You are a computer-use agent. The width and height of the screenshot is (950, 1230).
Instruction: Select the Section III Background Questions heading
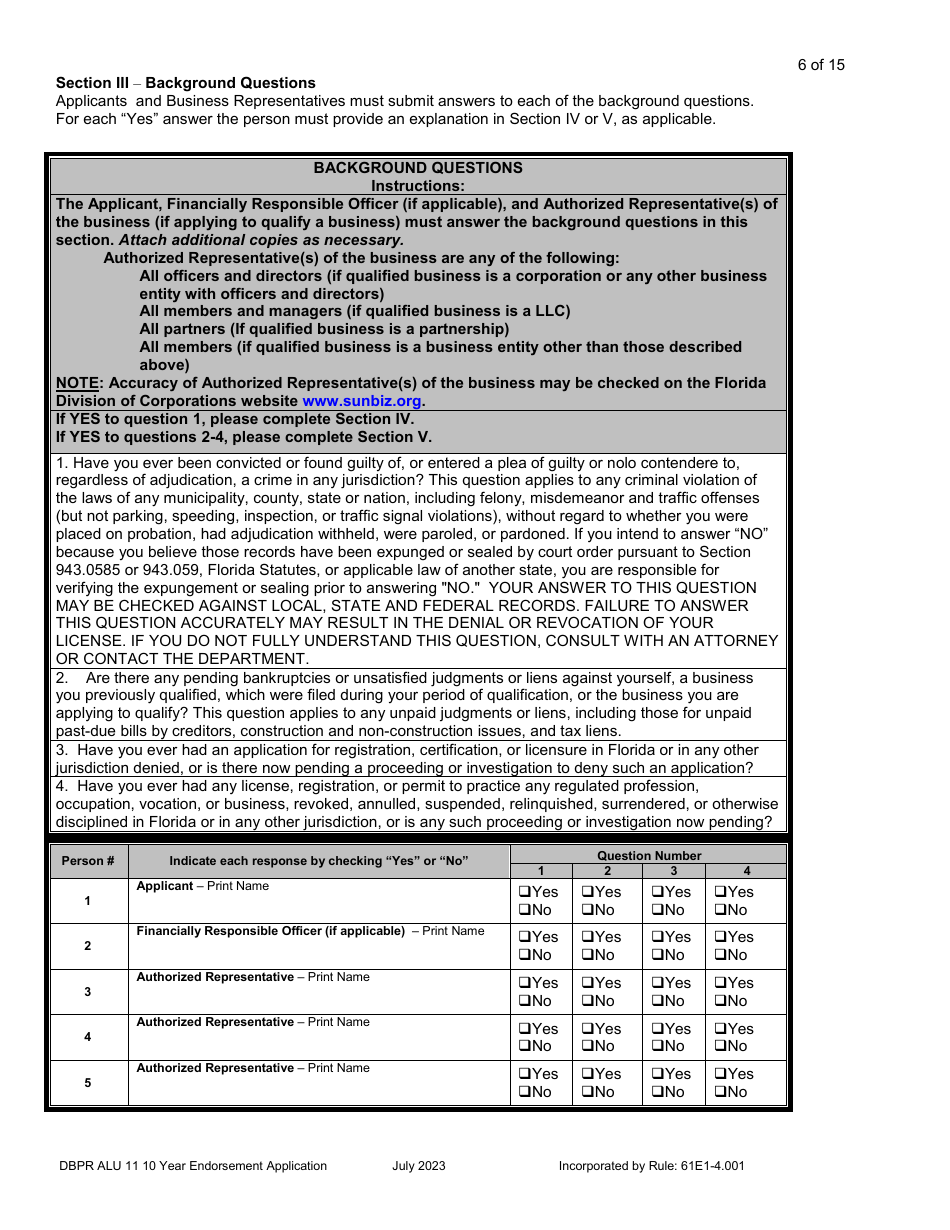click(185, 83)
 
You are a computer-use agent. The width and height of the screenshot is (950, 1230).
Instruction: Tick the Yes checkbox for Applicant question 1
click(524, 892)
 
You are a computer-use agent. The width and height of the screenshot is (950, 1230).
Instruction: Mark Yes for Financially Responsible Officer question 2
click(588, 937)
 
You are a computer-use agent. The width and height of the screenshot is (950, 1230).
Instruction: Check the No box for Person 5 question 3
click(658, 1092)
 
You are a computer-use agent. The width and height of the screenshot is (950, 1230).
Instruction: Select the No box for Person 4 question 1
click(524, 1046)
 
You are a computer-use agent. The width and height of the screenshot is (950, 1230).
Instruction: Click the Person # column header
click(88, 861)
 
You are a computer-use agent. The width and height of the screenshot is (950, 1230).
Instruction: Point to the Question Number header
click(649, 856)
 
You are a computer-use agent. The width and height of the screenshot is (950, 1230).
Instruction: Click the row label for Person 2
click(88, 946)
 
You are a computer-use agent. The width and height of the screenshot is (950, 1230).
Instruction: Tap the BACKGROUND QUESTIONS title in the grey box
click(418, 168)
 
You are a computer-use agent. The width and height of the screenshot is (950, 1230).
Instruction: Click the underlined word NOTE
click(76, 383)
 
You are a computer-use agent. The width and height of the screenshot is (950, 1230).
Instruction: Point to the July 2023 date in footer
click(419, 1165)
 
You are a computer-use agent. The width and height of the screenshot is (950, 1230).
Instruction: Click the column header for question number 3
click(674, 871)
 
